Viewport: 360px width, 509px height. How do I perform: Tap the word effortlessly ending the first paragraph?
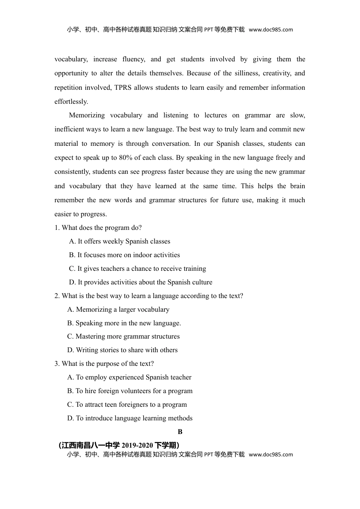[71, 101]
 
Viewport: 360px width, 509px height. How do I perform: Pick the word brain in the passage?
[297, 186]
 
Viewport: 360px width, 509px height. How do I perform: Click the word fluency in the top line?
[133, 59]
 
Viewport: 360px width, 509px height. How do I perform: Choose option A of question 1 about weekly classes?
[120, 241]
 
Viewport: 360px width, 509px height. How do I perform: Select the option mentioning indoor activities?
[124, 255]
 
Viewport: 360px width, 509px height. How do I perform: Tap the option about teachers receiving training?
[138, 269]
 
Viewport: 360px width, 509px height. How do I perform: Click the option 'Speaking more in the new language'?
[124, 323]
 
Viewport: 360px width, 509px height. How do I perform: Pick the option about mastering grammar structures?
[124, 336]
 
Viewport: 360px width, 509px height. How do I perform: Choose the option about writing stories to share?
[122, 350]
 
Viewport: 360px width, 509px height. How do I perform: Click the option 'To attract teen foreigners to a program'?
[127, 404]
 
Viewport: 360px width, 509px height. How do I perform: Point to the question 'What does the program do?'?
[98, 228]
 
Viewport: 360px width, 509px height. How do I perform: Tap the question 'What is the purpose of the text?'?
[104, 364]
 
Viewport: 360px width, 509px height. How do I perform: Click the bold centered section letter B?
[180, 432]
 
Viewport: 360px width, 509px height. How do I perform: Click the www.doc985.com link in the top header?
[271, 30]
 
